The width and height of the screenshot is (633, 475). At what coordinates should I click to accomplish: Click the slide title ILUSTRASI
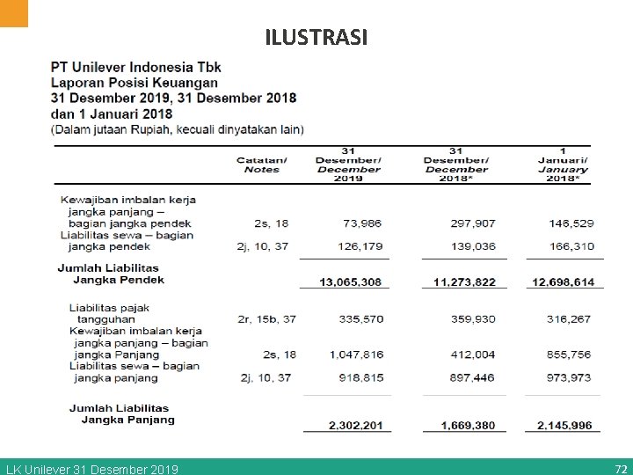316,38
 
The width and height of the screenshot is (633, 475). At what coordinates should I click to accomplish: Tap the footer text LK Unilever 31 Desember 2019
92,469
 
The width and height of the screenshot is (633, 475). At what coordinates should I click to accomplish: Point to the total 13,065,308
345,281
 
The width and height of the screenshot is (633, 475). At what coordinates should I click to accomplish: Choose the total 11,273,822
464,281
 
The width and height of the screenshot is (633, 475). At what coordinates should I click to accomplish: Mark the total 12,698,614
563,281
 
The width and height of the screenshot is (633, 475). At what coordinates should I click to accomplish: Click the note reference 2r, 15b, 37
266,319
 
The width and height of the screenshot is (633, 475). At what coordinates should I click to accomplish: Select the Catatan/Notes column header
261,164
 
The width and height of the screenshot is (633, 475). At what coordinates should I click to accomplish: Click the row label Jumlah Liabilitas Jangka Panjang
120,413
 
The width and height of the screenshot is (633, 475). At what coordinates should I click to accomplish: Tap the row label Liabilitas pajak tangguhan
110,313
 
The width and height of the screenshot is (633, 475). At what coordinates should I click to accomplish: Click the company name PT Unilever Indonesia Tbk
136,67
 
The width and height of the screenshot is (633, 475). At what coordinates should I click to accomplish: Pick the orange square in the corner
14,11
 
